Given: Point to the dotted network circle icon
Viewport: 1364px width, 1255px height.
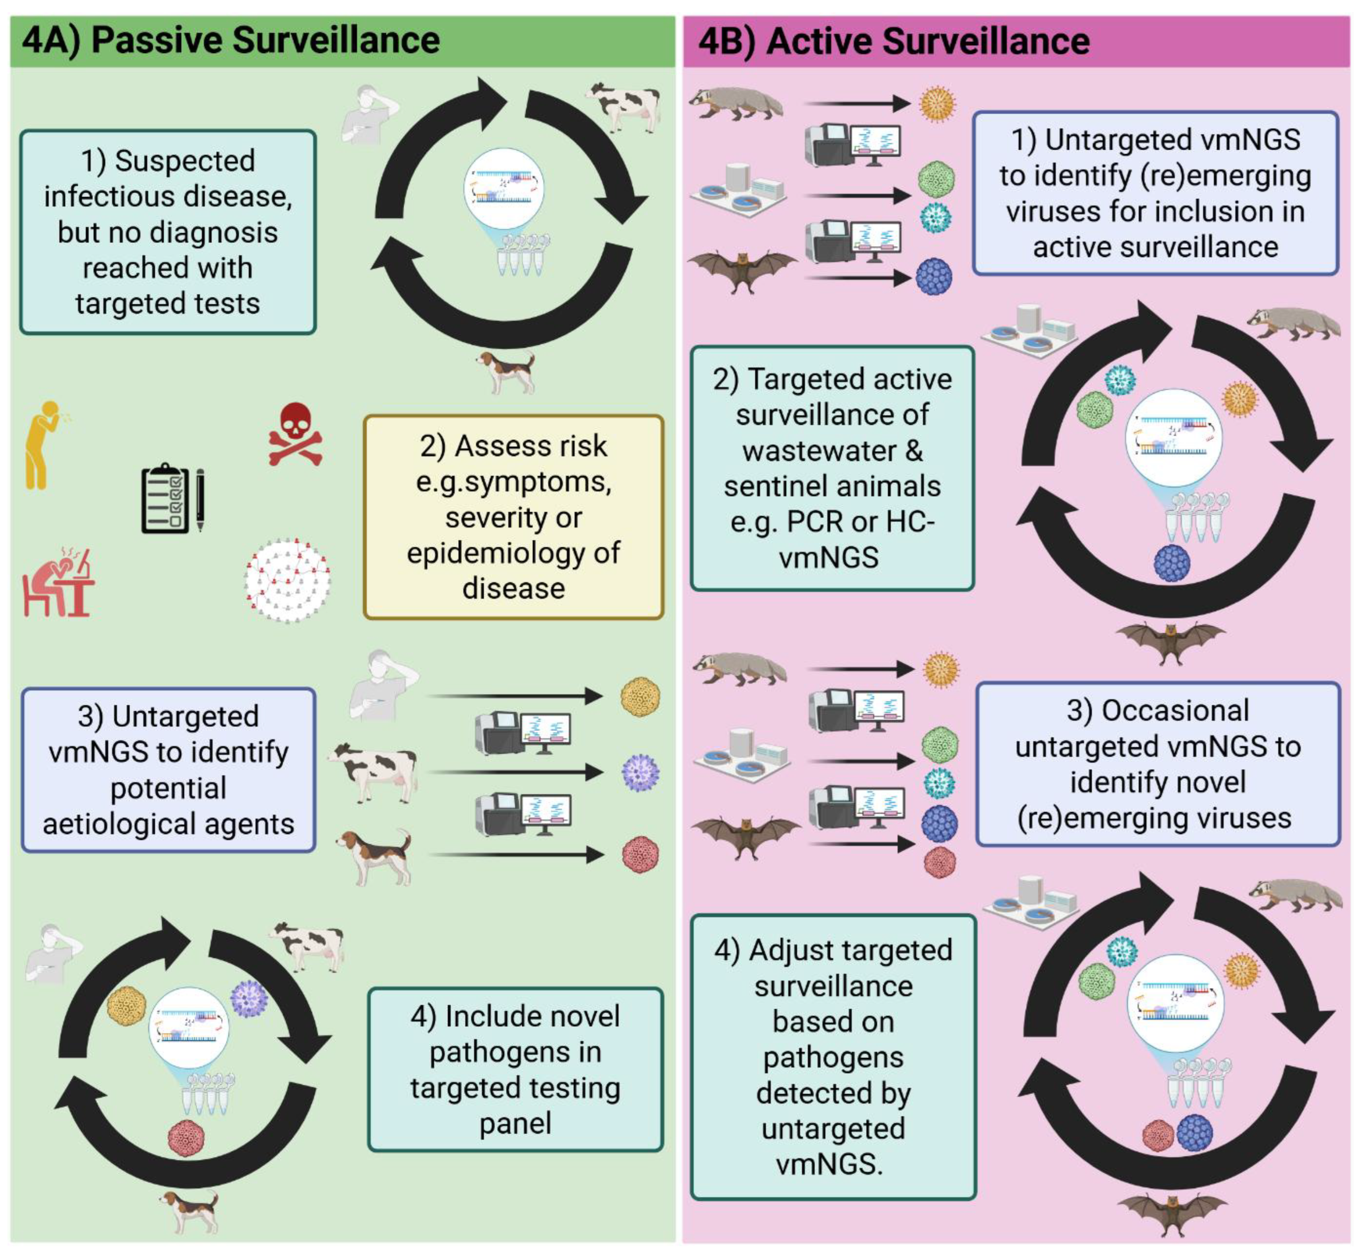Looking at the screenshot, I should click(287, 581).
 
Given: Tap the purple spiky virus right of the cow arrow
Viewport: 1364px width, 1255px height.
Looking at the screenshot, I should click(640, 773).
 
